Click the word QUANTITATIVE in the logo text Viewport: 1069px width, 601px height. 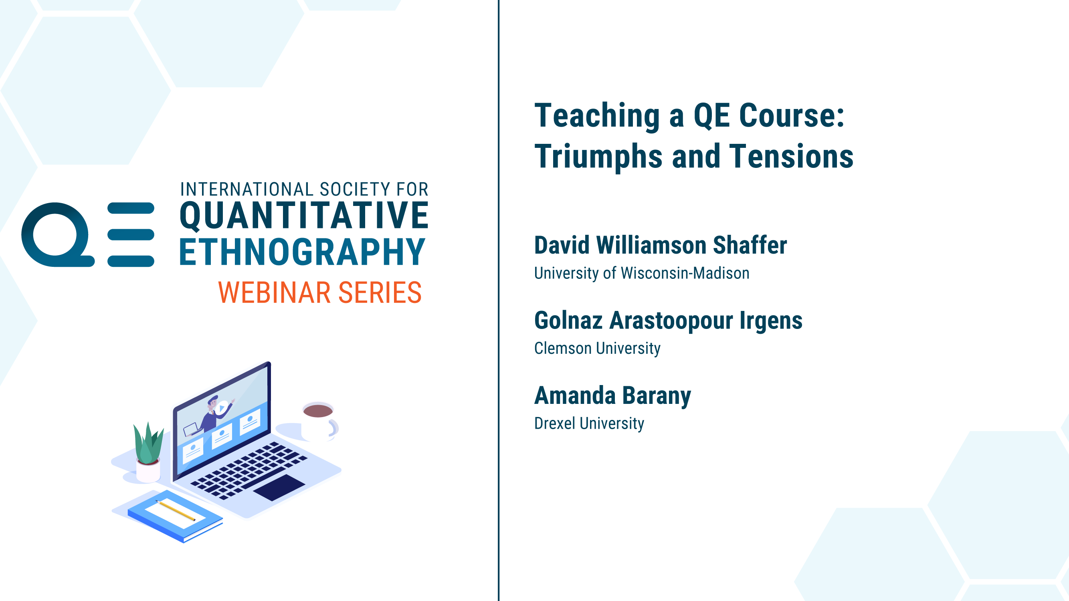click(304, 216)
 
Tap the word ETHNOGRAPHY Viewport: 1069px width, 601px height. click(302, 251)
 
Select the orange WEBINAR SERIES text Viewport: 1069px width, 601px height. click(320, 292)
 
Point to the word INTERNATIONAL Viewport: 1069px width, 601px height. click(247, 189)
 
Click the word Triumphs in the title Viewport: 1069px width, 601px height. click(598, 157)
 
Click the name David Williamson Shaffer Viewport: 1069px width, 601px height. click(660, 245)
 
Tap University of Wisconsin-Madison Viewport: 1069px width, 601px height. click(642, 273)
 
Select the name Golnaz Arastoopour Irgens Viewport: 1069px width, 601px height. click(668, 321)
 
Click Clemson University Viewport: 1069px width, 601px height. click(597, 348)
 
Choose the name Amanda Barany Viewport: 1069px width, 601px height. click(612, 396)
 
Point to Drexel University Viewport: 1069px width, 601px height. click(589, 423)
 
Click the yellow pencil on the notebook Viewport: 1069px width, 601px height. click(176, 510)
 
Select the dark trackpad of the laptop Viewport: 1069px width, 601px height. click(279, 488)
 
